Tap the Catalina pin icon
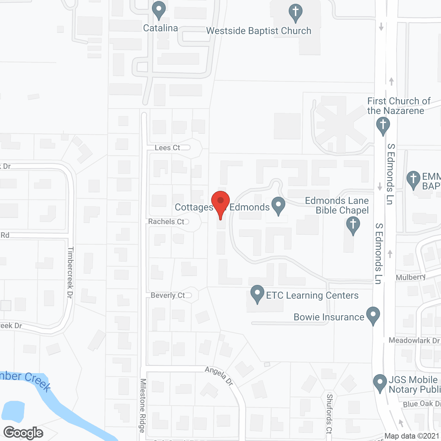click(159, 10)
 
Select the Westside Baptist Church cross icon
click(296, 13)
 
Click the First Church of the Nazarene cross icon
click(383, 126)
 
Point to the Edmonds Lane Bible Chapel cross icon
click(353, 225)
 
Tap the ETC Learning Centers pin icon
click(257, 294)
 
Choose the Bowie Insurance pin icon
click(373, 316)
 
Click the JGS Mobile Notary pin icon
click(380, 383)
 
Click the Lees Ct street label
click(167, 148)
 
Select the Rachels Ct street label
click(166, 222)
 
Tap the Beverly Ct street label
click(168, 295)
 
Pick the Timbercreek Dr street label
click(70, 272)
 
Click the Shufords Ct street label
click(329, 413)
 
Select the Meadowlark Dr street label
click(414, 340)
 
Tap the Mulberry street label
click(411, 277)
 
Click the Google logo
click(23, 433)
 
